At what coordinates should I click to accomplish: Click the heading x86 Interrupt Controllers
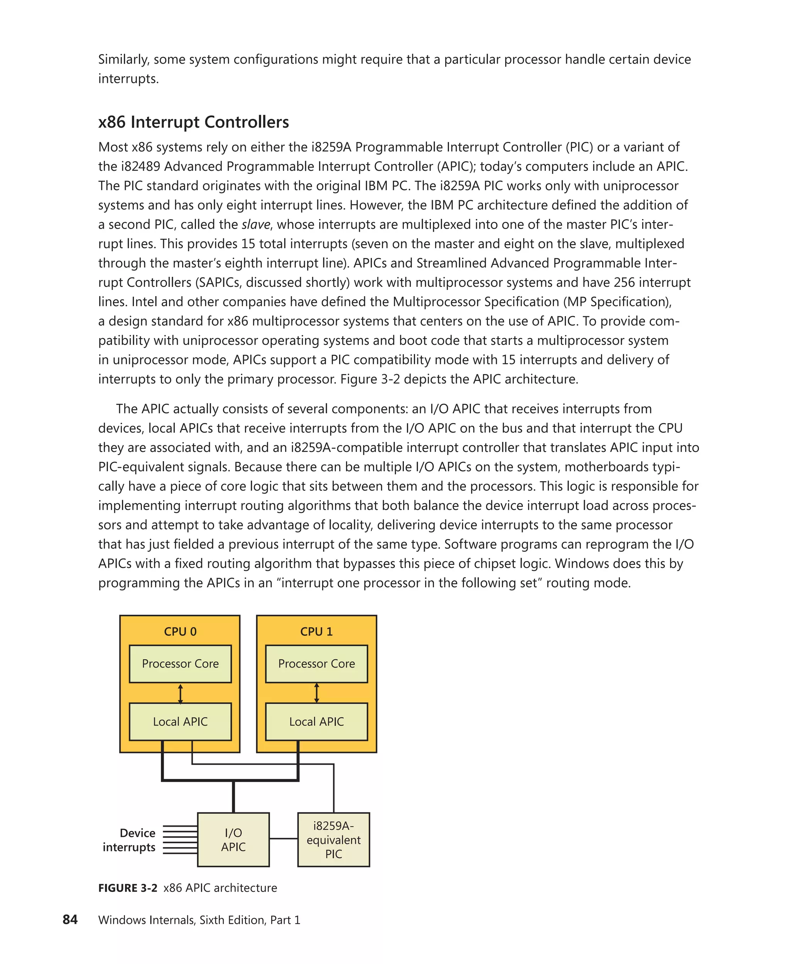click(x=193, y=122)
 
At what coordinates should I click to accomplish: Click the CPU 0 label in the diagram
click(x=180, y=632)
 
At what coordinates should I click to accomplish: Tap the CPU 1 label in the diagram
click(x=316, y=632)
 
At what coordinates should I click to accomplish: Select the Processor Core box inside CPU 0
click(x=180, y=664)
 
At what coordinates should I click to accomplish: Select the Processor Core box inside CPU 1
click(x=316, y=664)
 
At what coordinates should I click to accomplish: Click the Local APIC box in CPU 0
click(x=180, y=721)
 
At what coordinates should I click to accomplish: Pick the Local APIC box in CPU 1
click(x=316, y=721)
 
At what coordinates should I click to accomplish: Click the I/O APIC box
click(x=233, y=840)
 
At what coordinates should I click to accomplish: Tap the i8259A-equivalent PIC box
click(x=334, y=840)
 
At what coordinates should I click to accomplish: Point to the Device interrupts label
click(x=130, y=840)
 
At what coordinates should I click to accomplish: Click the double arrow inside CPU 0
click(x=180, y=694)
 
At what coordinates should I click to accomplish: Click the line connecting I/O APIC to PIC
click(x=284, y=838)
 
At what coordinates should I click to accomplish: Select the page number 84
click(x=70, y=919)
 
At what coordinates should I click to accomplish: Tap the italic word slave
click(x=256, y=224)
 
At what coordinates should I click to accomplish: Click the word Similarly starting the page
click(x=123, y=60)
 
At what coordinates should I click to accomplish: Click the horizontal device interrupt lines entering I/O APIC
click(x=180, y=840)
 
